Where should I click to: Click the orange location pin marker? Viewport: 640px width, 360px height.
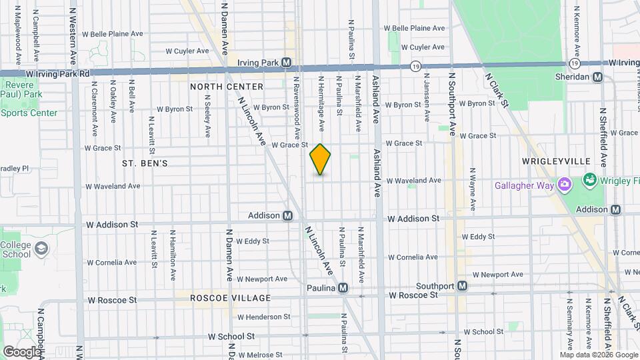(320, 159)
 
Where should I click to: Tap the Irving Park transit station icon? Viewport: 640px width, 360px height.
(287, 62)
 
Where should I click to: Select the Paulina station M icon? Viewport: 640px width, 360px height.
(343, 288)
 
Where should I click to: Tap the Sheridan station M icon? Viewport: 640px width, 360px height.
(598, 77)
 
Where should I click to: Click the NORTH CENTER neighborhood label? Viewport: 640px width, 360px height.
(227, 87)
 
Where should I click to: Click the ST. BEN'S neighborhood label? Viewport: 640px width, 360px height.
(145, 163)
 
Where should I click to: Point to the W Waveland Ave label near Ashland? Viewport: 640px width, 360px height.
(413, 180)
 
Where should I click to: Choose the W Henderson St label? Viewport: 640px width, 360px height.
(264, 317)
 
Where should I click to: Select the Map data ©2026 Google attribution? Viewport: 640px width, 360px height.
(599, 355)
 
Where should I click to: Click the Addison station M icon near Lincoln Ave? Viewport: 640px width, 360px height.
(288, 215)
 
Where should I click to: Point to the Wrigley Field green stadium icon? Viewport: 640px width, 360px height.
(589, 179)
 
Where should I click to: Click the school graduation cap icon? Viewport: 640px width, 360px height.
(41, 249)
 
